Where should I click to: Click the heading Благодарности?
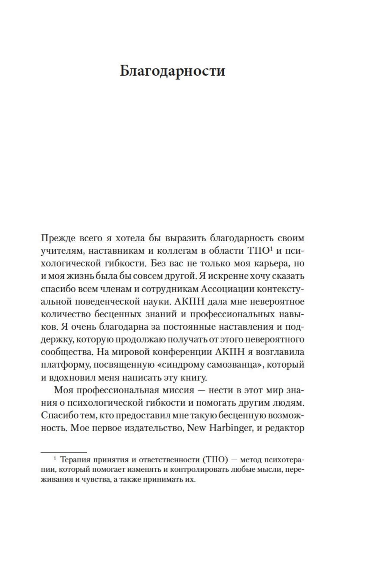click(x=172, y=71)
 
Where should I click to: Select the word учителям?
click(x=61, y=251)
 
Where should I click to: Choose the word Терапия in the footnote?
click(x=74, y=460)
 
